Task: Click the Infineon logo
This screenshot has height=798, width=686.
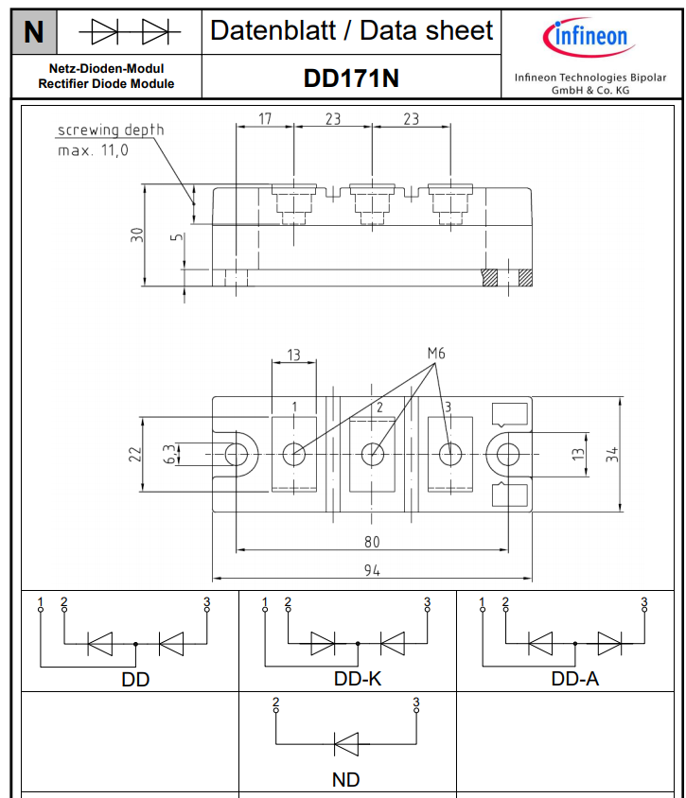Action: pos(589,37)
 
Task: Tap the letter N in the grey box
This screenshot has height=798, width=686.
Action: pos(34,32)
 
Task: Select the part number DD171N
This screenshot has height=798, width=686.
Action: pos(351,78)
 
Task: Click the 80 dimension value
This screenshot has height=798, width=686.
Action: pos(372,542)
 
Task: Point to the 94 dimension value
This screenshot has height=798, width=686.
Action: pos(372,570)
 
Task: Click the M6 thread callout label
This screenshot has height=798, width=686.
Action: pos(436,353)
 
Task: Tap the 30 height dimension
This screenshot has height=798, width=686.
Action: pos(136,234)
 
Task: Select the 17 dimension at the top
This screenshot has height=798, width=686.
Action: pos(265,118)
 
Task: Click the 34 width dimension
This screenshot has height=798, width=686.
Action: pos(611,454)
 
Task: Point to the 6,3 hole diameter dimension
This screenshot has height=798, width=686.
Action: pos(169,454)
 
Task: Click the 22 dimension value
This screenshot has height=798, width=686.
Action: pos(134,454)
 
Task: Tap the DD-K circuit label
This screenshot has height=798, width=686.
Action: pos(358,679)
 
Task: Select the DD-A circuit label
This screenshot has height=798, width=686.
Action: pos(575,679)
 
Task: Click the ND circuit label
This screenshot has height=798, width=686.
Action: pos(345,779)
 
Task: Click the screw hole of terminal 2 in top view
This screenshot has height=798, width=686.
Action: pos(372,454)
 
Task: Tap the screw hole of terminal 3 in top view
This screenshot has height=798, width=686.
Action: pos(450,454)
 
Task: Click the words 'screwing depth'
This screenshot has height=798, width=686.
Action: pos(111,130)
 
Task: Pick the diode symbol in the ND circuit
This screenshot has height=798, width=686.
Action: pos(346,744)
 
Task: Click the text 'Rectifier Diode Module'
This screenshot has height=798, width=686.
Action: pos(106,83)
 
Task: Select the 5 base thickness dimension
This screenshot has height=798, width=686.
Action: pos(176,237)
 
